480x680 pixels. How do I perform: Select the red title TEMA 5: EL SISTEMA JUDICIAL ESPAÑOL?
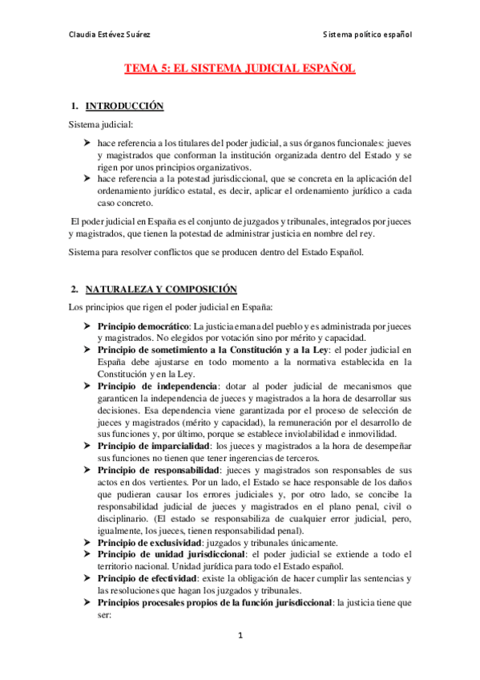tap(239, 70)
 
